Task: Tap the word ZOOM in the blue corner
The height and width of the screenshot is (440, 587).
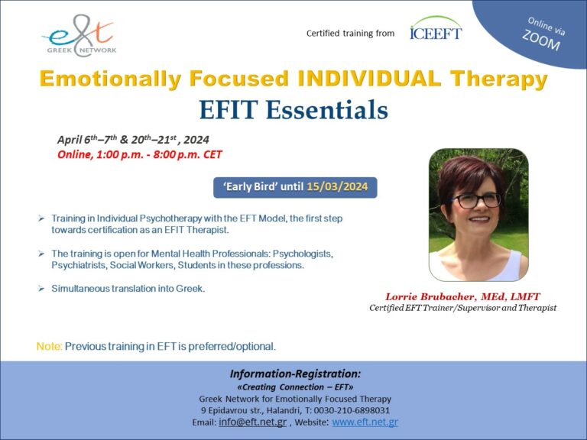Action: [541, 41]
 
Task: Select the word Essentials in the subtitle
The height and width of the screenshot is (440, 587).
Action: [329, 110]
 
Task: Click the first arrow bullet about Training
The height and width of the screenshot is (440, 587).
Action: [41, 218]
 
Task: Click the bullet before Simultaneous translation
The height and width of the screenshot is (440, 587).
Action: [41, 289]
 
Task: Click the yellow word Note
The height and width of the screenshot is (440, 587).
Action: [48, 346]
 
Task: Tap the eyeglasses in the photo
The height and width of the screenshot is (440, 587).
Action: [478, 199]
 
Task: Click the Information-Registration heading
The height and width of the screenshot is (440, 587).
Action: [294, 374]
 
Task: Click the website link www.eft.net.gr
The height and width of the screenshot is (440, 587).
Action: [365, 422]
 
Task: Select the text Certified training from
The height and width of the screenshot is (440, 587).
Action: [350, 34]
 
